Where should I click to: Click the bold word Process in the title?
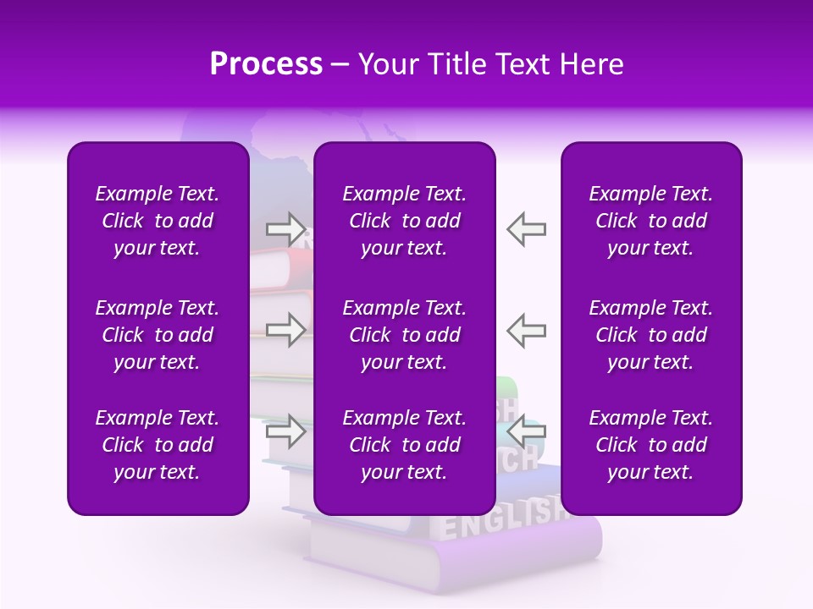266,64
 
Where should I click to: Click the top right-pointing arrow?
285,228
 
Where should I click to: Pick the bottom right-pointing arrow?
285,431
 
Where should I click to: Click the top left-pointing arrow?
526,228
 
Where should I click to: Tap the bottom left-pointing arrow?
526,431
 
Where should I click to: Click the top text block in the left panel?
158,221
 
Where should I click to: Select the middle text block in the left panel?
158,335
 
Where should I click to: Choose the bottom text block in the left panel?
158,445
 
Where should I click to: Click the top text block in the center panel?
404,221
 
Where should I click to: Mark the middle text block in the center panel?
404,335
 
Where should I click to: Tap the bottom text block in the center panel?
404,445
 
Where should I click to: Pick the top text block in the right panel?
650,221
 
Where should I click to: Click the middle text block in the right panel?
650,335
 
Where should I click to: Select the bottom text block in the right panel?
650,445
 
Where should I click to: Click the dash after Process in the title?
340,65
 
